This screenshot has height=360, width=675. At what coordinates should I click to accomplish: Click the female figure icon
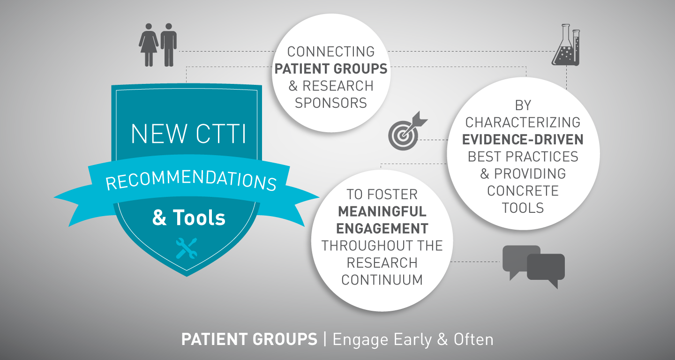point(149,45)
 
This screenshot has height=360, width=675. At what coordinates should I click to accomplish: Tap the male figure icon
point(168,45)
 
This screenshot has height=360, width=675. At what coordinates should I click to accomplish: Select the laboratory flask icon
point(566,45)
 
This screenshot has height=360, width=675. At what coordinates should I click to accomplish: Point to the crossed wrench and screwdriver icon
point(187,248)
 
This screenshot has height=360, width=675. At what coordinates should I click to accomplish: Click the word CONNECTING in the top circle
point(331,52)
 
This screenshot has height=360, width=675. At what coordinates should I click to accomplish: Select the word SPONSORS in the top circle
point(331,103)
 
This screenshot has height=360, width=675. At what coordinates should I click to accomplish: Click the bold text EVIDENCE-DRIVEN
point(523,140)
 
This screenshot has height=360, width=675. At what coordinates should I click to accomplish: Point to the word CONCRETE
point(523,191)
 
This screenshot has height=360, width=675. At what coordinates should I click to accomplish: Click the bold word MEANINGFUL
point(382,211)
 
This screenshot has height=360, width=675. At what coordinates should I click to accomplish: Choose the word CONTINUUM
point(382,280)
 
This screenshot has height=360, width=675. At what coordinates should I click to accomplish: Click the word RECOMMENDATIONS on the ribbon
point(191,180)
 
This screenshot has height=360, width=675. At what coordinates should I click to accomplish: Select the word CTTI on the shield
point(221,134)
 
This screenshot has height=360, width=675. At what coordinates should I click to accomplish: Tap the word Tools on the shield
point(199,217)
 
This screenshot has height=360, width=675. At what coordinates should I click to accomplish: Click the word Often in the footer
point(473,339)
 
